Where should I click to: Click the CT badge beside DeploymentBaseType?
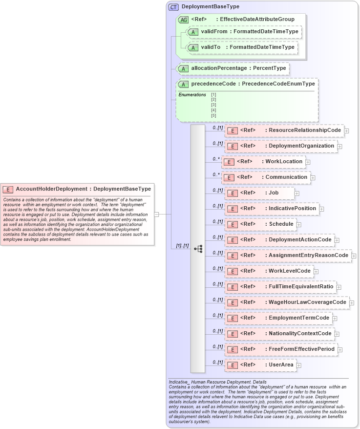[x=173, y=7]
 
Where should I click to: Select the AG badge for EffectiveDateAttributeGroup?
[x=184, y=20]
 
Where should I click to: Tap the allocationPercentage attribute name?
[x=219, y=68]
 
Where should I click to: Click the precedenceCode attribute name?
[x=214, y=84]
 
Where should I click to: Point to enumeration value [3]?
[x=213, y=105]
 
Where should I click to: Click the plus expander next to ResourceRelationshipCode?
[x=346, y=131]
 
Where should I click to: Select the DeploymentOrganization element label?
[x=301, y=146]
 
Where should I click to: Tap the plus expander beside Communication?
[x=313, y=178]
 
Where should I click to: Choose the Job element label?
[x=274, y=193]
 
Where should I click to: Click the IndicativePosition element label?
[x=293, y=208]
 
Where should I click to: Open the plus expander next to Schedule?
[x=299, y=225]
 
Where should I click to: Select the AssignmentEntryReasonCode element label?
[x=308, y=255]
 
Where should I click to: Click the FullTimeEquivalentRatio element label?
[x=301, y=286]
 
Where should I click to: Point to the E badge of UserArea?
[x=233, y=365]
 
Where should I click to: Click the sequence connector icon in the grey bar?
[x=198, y=249]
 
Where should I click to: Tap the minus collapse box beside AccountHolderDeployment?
[x=156, y=214]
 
